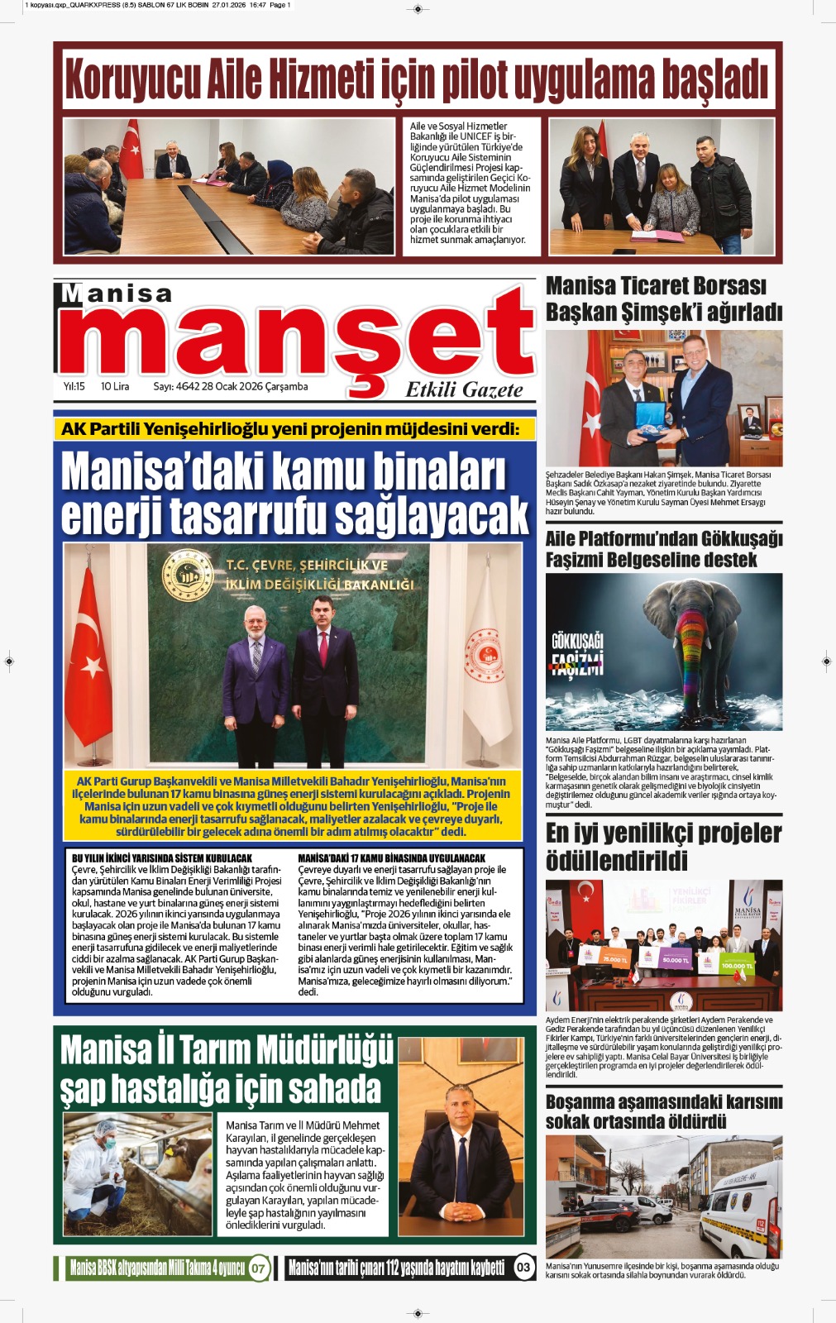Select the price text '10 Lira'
[115, 386]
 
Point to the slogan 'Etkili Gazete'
[464, 390]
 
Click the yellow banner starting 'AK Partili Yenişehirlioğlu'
[290, 428]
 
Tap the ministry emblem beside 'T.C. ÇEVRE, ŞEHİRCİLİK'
[187, 574]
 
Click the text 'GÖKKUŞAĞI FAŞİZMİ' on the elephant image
[577, 653]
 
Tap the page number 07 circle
[259, 1268]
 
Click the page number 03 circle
[523, 1268]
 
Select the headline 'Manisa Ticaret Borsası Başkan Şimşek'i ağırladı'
[663, 299]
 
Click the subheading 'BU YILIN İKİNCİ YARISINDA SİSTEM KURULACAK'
[162, 858]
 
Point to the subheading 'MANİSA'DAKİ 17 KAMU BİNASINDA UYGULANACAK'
[391, 858]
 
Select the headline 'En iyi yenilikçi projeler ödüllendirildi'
[663, 847]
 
